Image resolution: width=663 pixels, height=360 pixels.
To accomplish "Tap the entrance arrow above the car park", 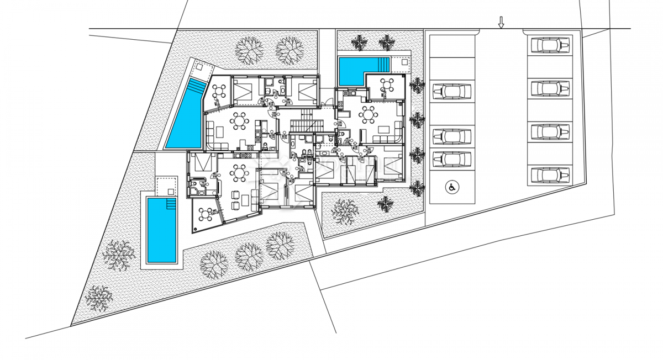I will [x=501, y=22].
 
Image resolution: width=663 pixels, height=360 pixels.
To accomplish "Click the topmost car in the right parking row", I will [x=549, y=45].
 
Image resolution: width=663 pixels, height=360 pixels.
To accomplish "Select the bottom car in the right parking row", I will [x=549, y=175].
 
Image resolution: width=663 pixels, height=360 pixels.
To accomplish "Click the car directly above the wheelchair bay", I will [x=452, y=158].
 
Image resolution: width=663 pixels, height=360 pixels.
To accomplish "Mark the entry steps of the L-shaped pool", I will [x=381, y=65].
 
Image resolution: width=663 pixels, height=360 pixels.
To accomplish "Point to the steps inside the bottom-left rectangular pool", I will [x=170, y=204].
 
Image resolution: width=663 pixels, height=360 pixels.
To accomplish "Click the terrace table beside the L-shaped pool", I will [x=386, y=85].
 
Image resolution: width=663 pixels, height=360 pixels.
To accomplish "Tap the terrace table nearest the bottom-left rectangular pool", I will [x=206, y=214].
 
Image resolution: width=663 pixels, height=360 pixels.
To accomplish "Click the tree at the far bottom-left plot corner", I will [x=98, y=298].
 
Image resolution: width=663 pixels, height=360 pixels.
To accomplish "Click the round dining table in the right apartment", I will [x=367, y=115].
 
